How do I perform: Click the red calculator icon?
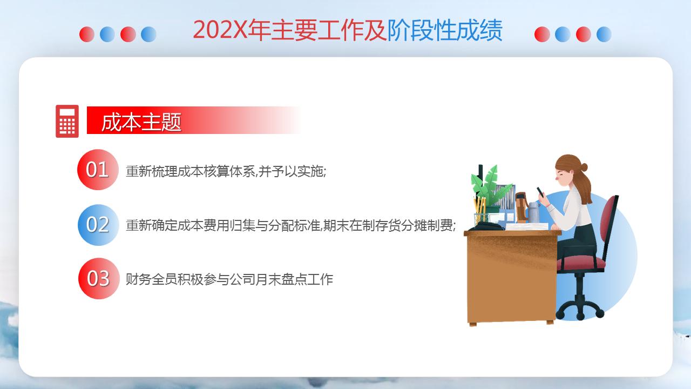tap(67, 121)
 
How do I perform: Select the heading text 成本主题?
tap(141, 122)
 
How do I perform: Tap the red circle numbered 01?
tap(98, 170)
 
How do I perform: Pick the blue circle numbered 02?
tap(98, 225)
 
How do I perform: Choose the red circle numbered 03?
tap(98, 279)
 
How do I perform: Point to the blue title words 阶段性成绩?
tap(445, 30)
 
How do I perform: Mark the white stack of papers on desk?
tap(526, 226)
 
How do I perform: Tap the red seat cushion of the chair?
tap(581, 263)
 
